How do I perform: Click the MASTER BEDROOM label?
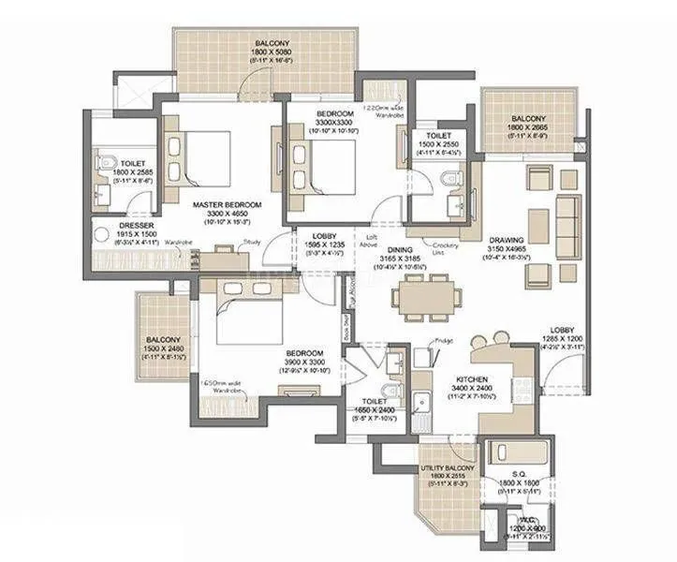pos(227,204)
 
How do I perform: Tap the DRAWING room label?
pos(506,239)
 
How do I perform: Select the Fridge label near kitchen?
pos(443,341)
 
